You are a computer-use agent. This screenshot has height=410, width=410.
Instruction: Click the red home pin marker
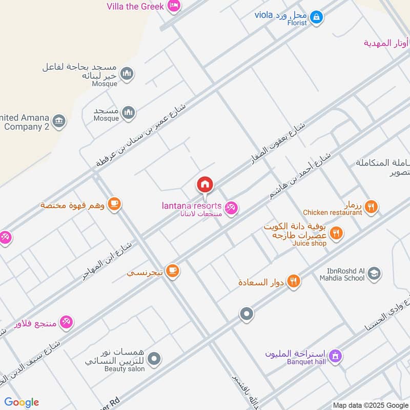[x=205, y=184]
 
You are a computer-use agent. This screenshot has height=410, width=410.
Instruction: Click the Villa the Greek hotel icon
[x=174, y=6]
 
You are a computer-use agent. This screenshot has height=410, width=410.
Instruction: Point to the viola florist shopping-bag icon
[x=317, y=17]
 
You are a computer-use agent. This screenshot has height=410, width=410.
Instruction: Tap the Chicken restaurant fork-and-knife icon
[x=372, y=207]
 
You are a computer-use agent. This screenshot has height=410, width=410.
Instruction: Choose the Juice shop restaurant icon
[x=336, y=234]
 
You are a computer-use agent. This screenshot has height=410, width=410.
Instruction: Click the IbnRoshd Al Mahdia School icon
[x=375, y=274]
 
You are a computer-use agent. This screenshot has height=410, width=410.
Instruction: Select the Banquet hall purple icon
[x=335, y=355]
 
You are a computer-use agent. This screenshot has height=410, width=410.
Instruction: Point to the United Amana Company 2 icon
[x=59, y=121]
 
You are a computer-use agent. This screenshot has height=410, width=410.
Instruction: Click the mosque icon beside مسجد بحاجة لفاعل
[x=127, y=74]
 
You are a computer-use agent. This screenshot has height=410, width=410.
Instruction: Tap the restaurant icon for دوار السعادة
[x=294, y=281]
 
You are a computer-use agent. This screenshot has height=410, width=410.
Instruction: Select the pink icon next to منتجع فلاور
[x=66, y=323]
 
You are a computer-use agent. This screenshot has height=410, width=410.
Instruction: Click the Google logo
[x=22, y=402]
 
